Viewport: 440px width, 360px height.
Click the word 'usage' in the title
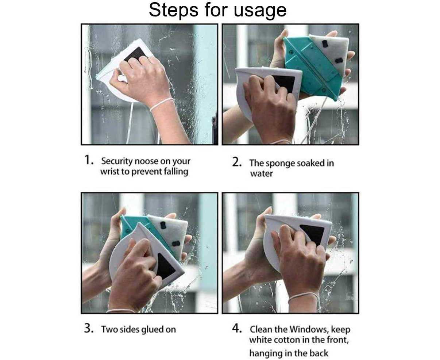(x=260, y=11)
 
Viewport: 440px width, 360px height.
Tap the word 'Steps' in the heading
(x=174, y=10)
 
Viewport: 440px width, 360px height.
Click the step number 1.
(x=89, y=160)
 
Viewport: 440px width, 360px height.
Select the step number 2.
(x=237, y=162)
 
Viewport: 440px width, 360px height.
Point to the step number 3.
(x=89, y=329)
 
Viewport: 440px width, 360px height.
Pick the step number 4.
(x=237, y=328)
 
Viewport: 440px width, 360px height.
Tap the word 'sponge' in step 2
(x=281, y=164)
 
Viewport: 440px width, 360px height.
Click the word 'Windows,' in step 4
(x=309, y=329)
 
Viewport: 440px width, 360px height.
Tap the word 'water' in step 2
(x=262, y=174)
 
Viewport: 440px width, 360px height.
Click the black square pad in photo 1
(x=135, y=54)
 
